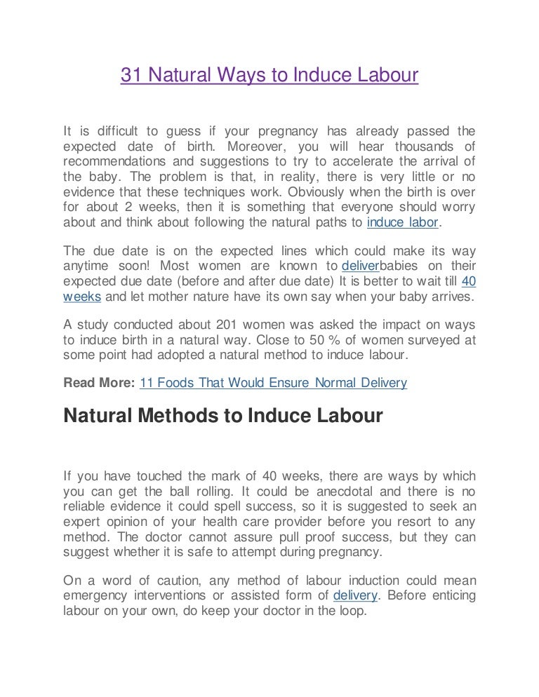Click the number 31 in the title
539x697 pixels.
130,76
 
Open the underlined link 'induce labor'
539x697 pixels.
403,223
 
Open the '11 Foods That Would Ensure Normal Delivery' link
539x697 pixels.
274,384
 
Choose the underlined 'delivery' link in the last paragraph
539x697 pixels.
355,595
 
